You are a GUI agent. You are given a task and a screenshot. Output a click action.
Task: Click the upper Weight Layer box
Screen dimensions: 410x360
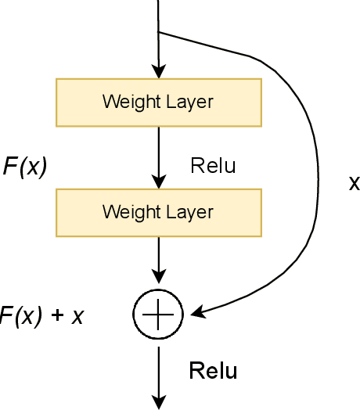158,101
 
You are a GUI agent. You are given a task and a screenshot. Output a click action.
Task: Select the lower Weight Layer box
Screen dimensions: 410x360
158,211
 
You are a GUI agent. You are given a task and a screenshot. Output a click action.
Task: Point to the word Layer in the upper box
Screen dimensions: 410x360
187,102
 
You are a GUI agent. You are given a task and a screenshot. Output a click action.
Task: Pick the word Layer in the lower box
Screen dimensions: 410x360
187,212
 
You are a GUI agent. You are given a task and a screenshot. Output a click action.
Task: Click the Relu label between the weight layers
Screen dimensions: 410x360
213,166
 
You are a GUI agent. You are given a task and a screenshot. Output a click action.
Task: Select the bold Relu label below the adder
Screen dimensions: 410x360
213,371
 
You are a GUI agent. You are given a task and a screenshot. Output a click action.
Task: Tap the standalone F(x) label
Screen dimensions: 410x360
25,167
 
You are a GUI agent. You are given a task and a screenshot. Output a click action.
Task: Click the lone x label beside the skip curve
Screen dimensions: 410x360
354,184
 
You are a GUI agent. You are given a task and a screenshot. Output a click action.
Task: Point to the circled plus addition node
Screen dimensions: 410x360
158,314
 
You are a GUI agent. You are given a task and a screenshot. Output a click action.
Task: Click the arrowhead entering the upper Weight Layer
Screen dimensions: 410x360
158,71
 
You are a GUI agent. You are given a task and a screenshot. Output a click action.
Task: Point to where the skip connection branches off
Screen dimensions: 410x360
158,32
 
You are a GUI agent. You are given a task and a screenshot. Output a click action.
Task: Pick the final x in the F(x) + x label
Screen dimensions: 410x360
77,317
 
